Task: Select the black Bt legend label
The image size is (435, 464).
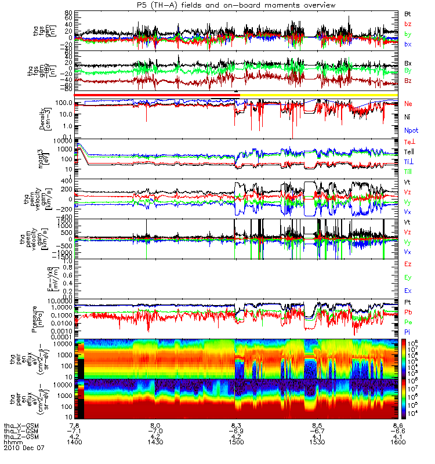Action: click(408, 13)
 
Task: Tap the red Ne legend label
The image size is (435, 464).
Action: click(408, 103)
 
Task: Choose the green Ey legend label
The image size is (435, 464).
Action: click(408, 277)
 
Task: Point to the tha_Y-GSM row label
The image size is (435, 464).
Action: click(21, 432)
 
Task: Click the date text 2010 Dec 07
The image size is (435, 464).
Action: click(23, 448)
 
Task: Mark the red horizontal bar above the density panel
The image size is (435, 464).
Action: click(157, 95)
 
